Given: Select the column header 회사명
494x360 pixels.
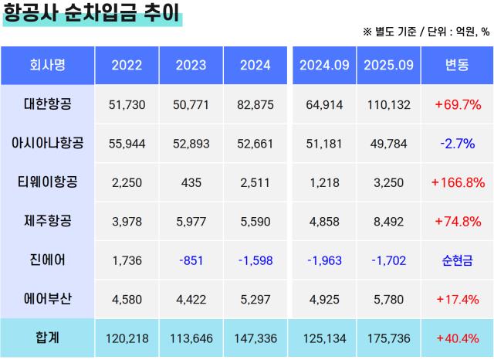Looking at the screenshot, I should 47,66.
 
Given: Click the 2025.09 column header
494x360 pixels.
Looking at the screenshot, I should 388,66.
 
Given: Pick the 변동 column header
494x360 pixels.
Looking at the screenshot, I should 456,66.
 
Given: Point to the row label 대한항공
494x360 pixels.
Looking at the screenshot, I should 47,104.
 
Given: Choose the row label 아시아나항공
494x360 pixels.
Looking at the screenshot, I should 47,144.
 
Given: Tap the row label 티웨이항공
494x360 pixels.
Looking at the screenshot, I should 47,182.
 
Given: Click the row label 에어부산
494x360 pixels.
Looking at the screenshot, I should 47,299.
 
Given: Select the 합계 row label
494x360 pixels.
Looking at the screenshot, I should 47,338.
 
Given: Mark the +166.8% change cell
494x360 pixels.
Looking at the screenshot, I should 457,183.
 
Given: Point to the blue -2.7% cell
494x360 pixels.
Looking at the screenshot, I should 457,144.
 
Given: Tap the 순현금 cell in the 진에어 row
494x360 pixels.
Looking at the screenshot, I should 457,260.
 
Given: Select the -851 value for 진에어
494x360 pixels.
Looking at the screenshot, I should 191,260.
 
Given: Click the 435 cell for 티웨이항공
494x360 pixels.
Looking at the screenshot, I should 191,183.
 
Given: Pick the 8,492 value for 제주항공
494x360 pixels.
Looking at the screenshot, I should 388,222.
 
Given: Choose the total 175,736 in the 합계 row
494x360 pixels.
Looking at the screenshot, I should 388,338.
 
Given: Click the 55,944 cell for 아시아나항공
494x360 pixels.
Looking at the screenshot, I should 127,144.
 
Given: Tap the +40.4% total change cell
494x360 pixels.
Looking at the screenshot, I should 457,338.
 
